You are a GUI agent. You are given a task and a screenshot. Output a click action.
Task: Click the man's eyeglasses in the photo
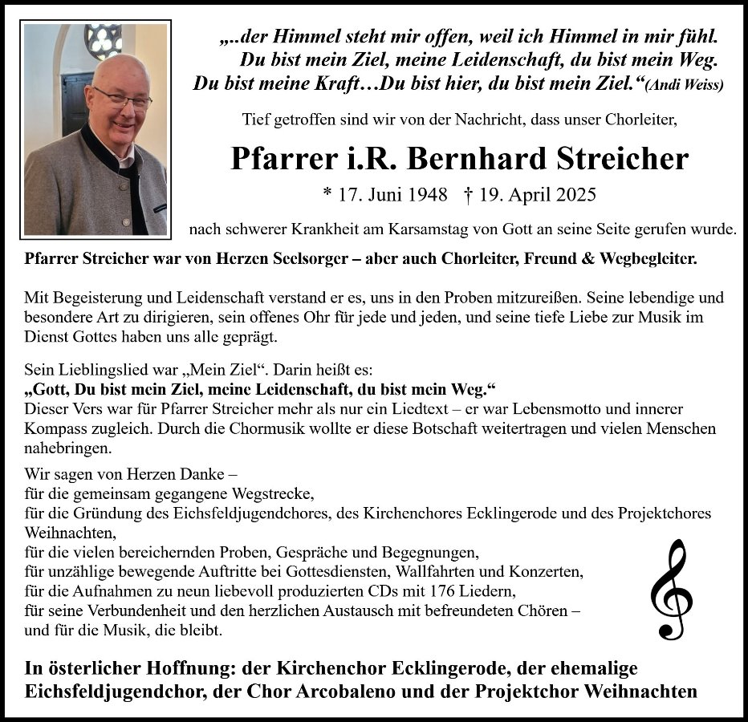(x=123, y=99)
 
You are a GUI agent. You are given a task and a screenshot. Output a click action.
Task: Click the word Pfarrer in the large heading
(x=275, y=158)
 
